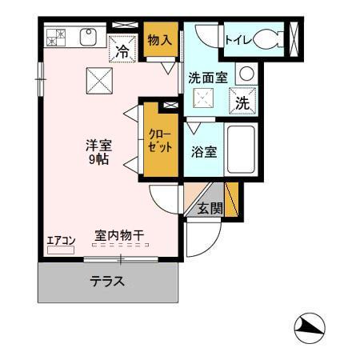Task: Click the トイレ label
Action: [x=238, y=38]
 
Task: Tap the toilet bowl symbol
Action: [x=268, y=38]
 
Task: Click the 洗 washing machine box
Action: [x=242, y=102]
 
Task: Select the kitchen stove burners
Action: [x=57, y=36]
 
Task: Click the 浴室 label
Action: [x=204, y=151]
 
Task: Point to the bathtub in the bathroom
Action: [x=240, y=150]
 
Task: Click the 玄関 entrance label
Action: [x=210, y=210]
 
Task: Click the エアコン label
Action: [x=61, y=240]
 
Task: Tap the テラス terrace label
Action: [x=106, y=282]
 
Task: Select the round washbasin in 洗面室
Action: [x=246, y=74]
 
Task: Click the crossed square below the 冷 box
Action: [x=100, y=79]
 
